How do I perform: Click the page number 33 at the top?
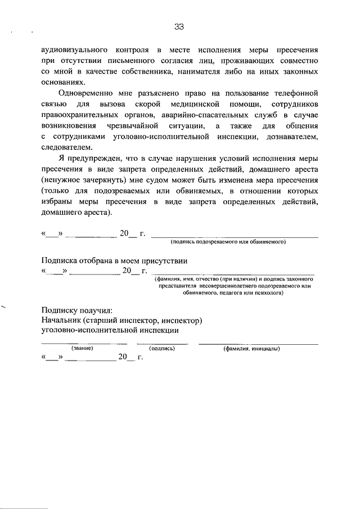180,26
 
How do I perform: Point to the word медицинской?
204,105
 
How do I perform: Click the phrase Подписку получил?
77,310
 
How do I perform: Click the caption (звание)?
82,348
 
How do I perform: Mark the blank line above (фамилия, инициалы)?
258,343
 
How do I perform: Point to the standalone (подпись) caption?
163,348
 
